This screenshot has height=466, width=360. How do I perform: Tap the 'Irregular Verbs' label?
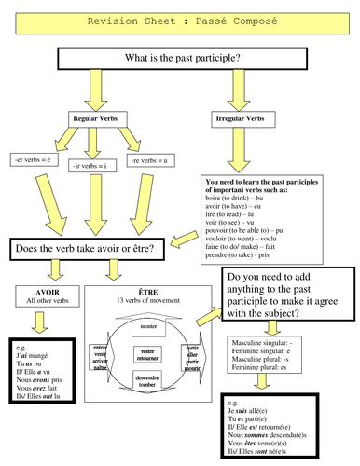click(236, 119)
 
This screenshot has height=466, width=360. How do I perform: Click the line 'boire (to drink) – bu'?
click(232, 199)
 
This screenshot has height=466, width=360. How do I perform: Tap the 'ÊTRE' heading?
click(148, 291)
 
